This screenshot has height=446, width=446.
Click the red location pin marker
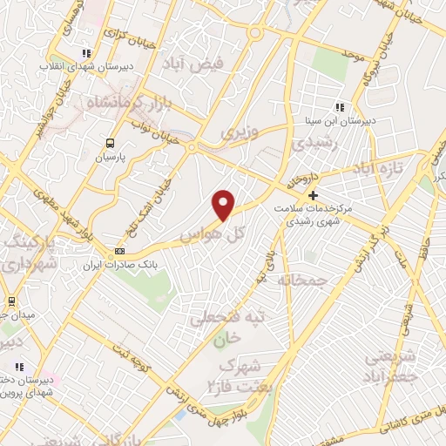click(225, 204)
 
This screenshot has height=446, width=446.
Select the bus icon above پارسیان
click(111, 144)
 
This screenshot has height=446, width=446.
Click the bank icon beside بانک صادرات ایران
click(119, 252)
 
